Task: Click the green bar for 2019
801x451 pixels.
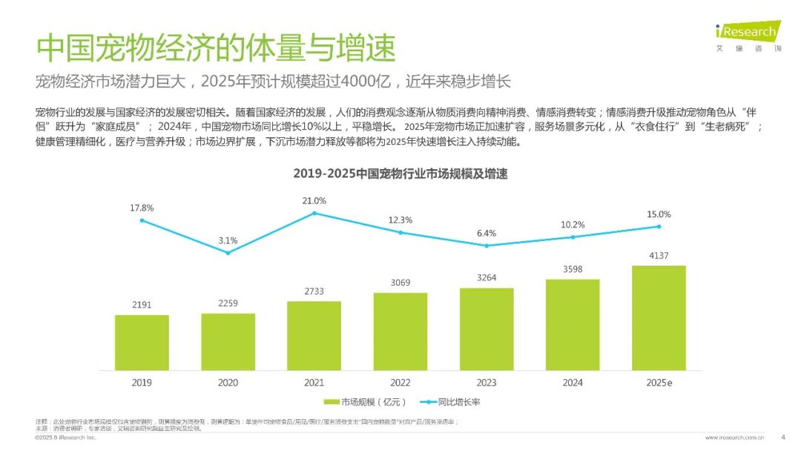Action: coord(142,342)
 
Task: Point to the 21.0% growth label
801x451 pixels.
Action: coord(314,201)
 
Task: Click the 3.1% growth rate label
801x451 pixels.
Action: coord(228,240)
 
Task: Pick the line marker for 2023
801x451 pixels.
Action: coord(487,246)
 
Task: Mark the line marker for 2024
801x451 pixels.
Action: coord(573,237)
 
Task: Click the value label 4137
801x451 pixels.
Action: coord(659,256)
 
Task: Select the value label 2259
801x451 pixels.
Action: coord(228,303)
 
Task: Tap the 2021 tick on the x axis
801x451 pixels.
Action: coord(314,383)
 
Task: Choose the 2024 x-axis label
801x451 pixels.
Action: coord(573,383)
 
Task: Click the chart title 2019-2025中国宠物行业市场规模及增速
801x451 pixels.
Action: coord(400,174)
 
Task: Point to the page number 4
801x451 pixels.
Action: coord(783,436)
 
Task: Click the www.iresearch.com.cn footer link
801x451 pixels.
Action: coord(734,438)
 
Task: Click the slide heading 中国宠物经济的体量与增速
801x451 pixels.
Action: coord(216,48)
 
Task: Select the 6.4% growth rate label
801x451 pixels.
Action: coord(487,234)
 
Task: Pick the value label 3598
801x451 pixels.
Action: coord(573,269)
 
